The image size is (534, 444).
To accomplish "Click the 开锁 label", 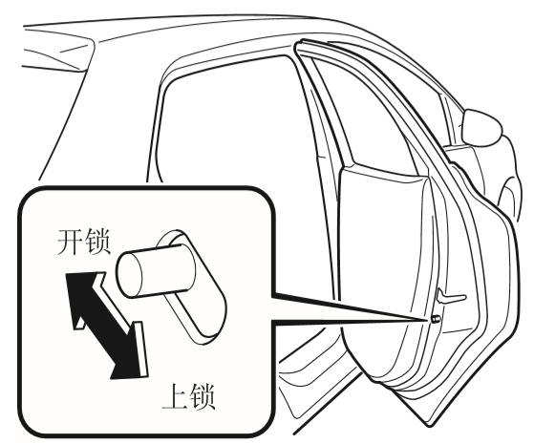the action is coord(83,243).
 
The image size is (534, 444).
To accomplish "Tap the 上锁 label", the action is coord(188,396).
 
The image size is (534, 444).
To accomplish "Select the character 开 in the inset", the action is coord(70,243).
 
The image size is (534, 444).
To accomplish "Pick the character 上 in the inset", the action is coord(175,396).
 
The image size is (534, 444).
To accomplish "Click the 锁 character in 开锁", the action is coord(97,243).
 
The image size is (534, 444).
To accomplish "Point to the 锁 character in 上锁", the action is coord(203,396).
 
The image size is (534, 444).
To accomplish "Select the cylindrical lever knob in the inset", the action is coord(156,270).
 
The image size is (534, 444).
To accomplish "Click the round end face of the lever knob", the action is coord(129,275).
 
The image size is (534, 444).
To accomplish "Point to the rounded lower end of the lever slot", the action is coord(207,327).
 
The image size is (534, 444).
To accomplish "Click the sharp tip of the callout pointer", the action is coord(428,321).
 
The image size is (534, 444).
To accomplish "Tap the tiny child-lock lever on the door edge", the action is coord(435,319).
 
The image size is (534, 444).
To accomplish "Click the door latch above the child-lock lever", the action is coord(450,297).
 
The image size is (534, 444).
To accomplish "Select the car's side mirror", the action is coord(481,127).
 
